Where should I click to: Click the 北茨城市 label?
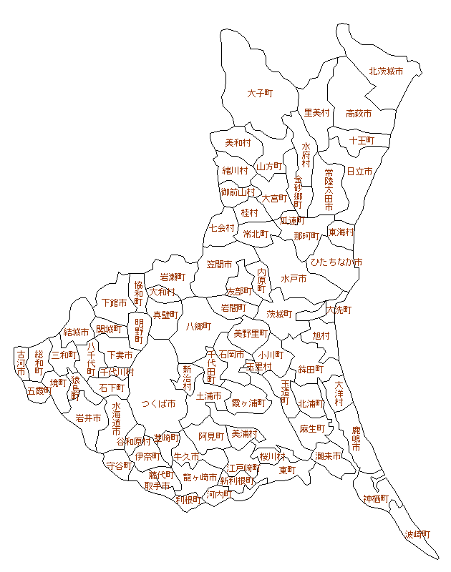pyautogui.click(x=386, y=71)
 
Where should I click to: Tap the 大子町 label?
pyautogui.click(x=261, y=93)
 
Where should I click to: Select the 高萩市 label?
pyautogui.click(x=358, y=113)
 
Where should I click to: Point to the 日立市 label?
pyautogui.click(x=359, y=172)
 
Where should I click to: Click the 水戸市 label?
pyautogui.click(x=294, y=278)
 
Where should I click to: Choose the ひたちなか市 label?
pyautogui.click(x=336, y=262)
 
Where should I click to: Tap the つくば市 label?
pyautogui.click(x=158, y=403)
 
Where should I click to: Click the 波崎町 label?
pyautogui.click(x=418, y=534)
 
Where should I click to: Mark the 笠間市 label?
pyautogui.click(x=220, y=264)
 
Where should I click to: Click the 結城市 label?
pyautogui.click(x=76, y=332)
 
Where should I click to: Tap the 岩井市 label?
pyautogui.click(x=88, y=418)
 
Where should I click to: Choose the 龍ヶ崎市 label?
pyautogui.click(x=200, y=477)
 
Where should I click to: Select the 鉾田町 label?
pyautogui.click(x=311, y=369)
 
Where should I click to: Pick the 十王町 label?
pyautogui.click(x=362, y=140)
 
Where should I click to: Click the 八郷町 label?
pyautogui.click(x=198, y=326)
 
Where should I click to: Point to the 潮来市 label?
pyautogui.click(x=328, y=455)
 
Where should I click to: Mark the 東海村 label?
pyautogui.click(x=341, y=232)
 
